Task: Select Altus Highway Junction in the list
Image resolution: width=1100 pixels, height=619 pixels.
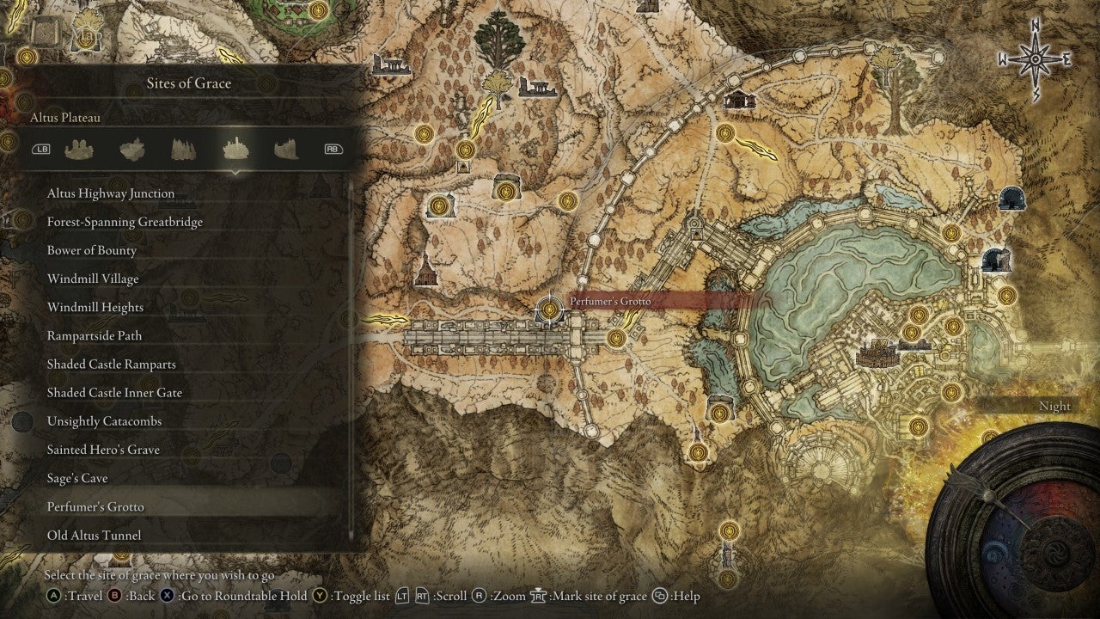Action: point(111,193)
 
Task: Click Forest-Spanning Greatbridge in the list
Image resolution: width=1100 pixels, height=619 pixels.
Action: point(125,222)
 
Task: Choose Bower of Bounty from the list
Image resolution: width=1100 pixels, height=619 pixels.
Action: point(92,250)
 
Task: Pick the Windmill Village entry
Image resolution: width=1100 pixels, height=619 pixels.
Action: point(93,279)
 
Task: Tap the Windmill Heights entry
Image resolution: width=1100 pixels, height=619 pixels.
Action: point(95,307)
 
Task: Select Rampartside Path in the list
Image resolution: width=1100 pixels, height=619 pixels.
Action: point(95,335)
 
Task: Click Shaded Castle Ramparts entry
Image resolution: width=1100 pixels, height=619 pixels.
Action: point(112,364)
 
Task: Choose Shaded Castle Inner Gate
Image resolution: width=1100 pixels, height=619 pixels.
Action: point(114,392)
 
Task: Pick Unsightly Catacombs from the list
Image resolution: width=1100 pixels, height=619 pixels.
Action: point(104,420)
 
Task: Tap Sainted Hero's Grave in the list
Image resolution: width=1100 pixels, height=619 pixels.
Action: point(103,449)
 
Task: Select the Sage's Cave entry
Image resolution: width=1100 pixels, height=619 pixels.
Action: point(77,477)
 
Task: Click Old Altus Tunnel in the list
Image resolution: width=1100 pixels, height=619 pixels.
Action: point(95,535)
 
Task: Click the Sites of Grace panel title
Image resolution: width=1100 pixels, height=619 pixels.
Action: point(188,83)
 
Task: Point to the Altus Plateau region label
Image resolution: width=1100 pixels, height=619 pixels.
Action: point(65,118)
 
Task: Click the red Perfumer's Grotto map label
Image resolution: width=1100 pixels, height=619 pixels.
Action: point(610,302)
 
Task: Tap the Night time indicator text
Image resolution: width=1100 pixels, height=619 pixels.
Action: point(1054,406)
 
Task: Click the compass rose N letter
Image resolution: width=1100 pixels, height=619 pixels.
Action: point(1036,27)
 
